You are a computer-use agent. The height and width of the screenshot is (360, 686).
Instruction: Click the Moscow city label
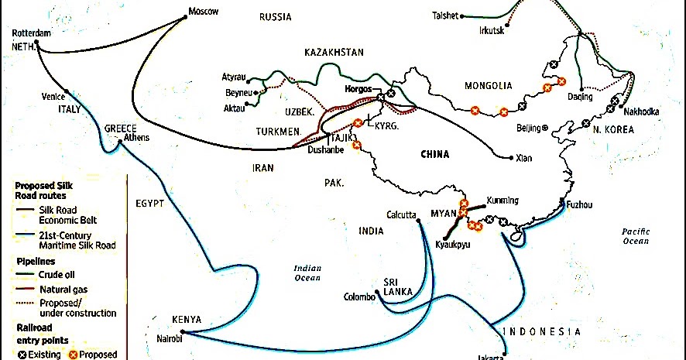click(x=204, y=12)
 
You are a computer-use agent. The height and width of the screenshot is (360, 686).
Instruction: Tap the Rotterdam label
click(x=32, y=33)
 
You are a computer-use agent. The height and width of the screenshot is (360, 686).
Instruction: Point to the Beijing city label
click(x=530, y=128)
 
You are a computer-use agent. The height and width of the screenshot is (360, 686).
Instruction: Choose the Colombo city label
click(x=360, y=297)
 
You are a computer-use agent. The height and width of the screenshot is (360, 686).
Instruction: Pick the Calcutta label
click(x=402, y=215)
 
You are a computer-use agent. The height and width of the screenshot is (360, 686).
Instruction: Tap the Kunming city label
click(x=502, y=201)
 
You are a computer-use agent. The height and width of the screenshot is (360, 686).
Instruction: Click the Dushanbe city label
click(x=324, y=150)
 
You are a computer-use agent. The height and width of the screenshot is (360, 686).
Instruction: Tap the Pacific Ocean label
click(x=635, y=236)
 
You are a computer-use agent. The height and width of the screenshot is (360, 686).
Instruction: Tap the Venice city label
click(x=53, y=97)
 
